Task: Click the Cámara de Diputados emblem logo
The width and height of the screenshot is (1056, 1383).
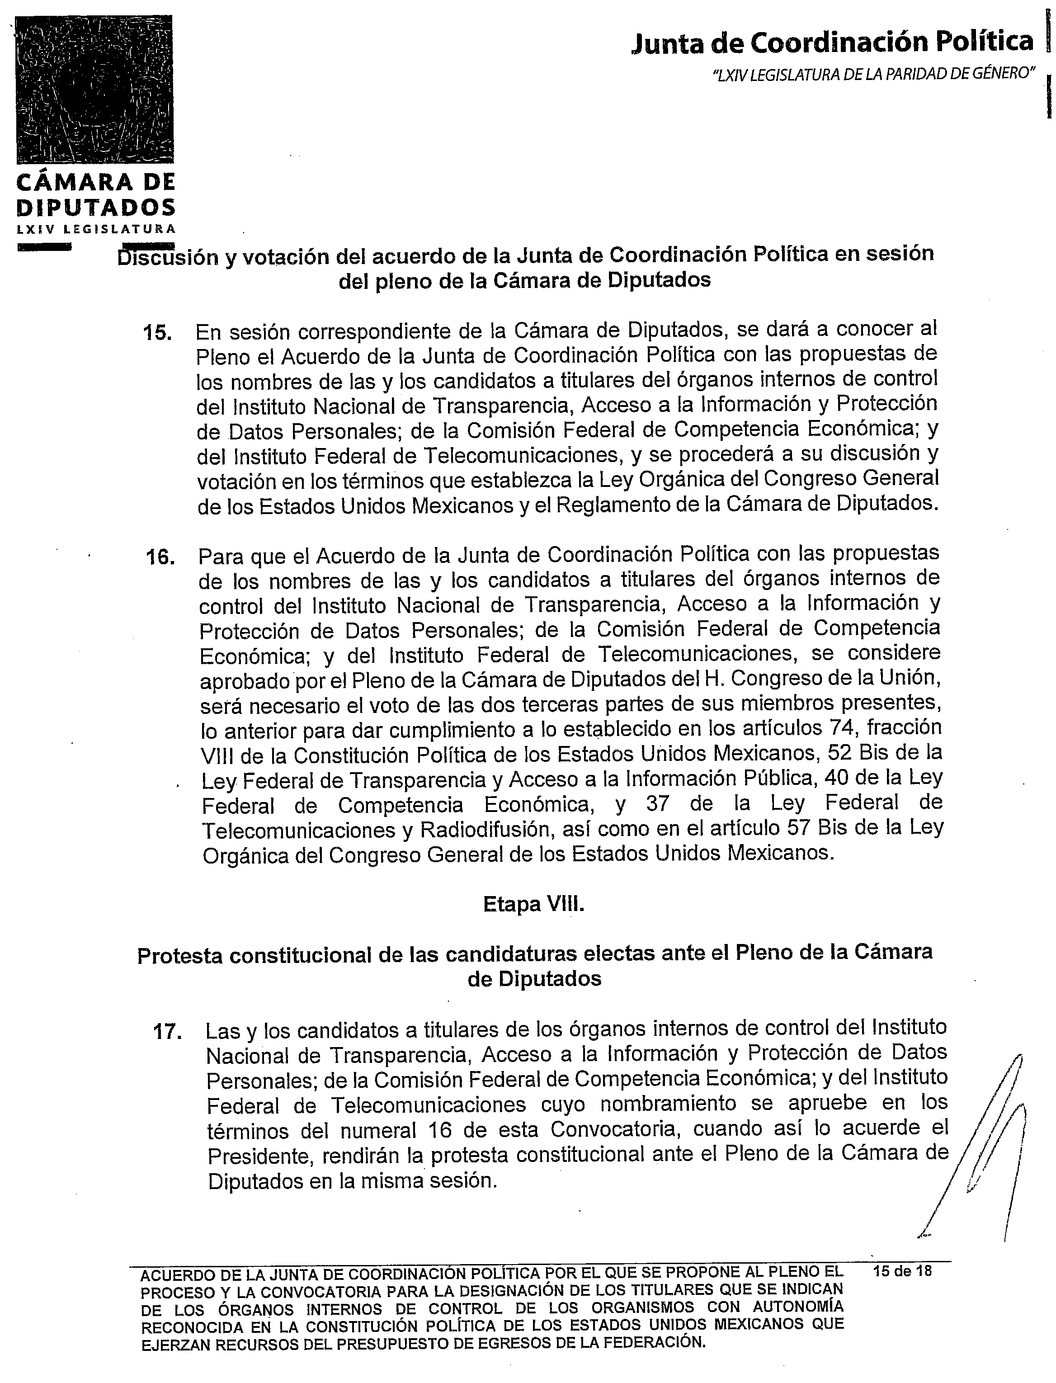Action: tap(94, 89)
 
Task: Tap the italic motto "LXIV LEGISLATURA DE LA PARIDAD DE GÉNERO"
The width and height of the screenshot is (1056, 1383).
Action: tap(874, 74)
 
